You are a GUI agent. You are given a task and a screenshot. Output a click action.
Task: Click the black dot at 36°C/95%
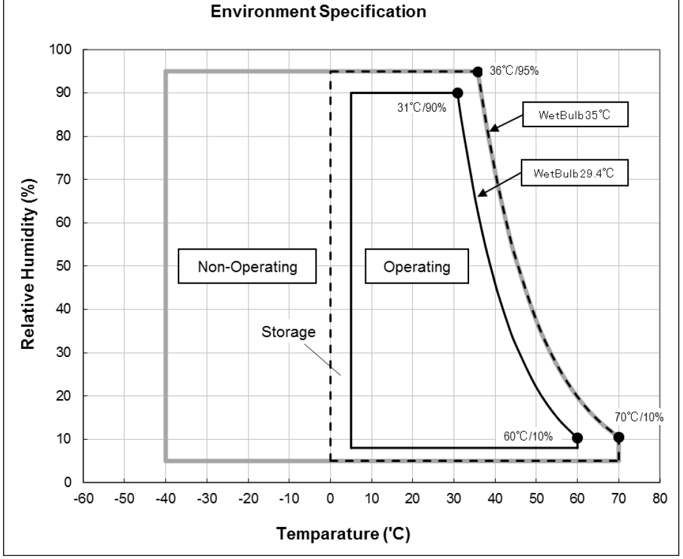478,72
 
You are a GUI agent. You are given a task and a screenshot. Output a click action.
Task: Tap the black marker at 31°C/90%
457,93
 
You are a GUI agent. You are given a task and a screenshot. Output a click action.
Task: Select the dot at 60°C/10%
577,438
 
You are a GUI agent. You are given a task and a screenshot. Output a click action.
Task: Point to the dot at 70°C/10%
619,437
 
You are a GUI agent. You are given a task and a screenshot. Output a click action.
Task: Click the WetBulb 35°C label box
575,114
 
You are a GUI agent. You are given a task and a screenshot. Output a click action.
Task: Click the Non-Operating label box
247,267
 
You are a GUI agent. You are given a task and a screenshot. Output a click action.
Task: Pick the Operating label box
416,267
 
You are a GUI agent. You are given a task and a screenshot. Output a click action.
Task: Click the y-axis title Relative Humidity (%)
28,266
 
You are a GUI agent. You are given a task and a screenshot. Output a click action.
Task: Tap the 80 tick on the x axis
660,499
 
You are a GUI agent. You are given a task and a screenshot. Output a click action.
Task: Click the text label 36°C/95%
514,71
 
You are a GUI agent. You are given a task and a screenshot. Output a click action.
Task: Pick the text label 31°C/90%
418,109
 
